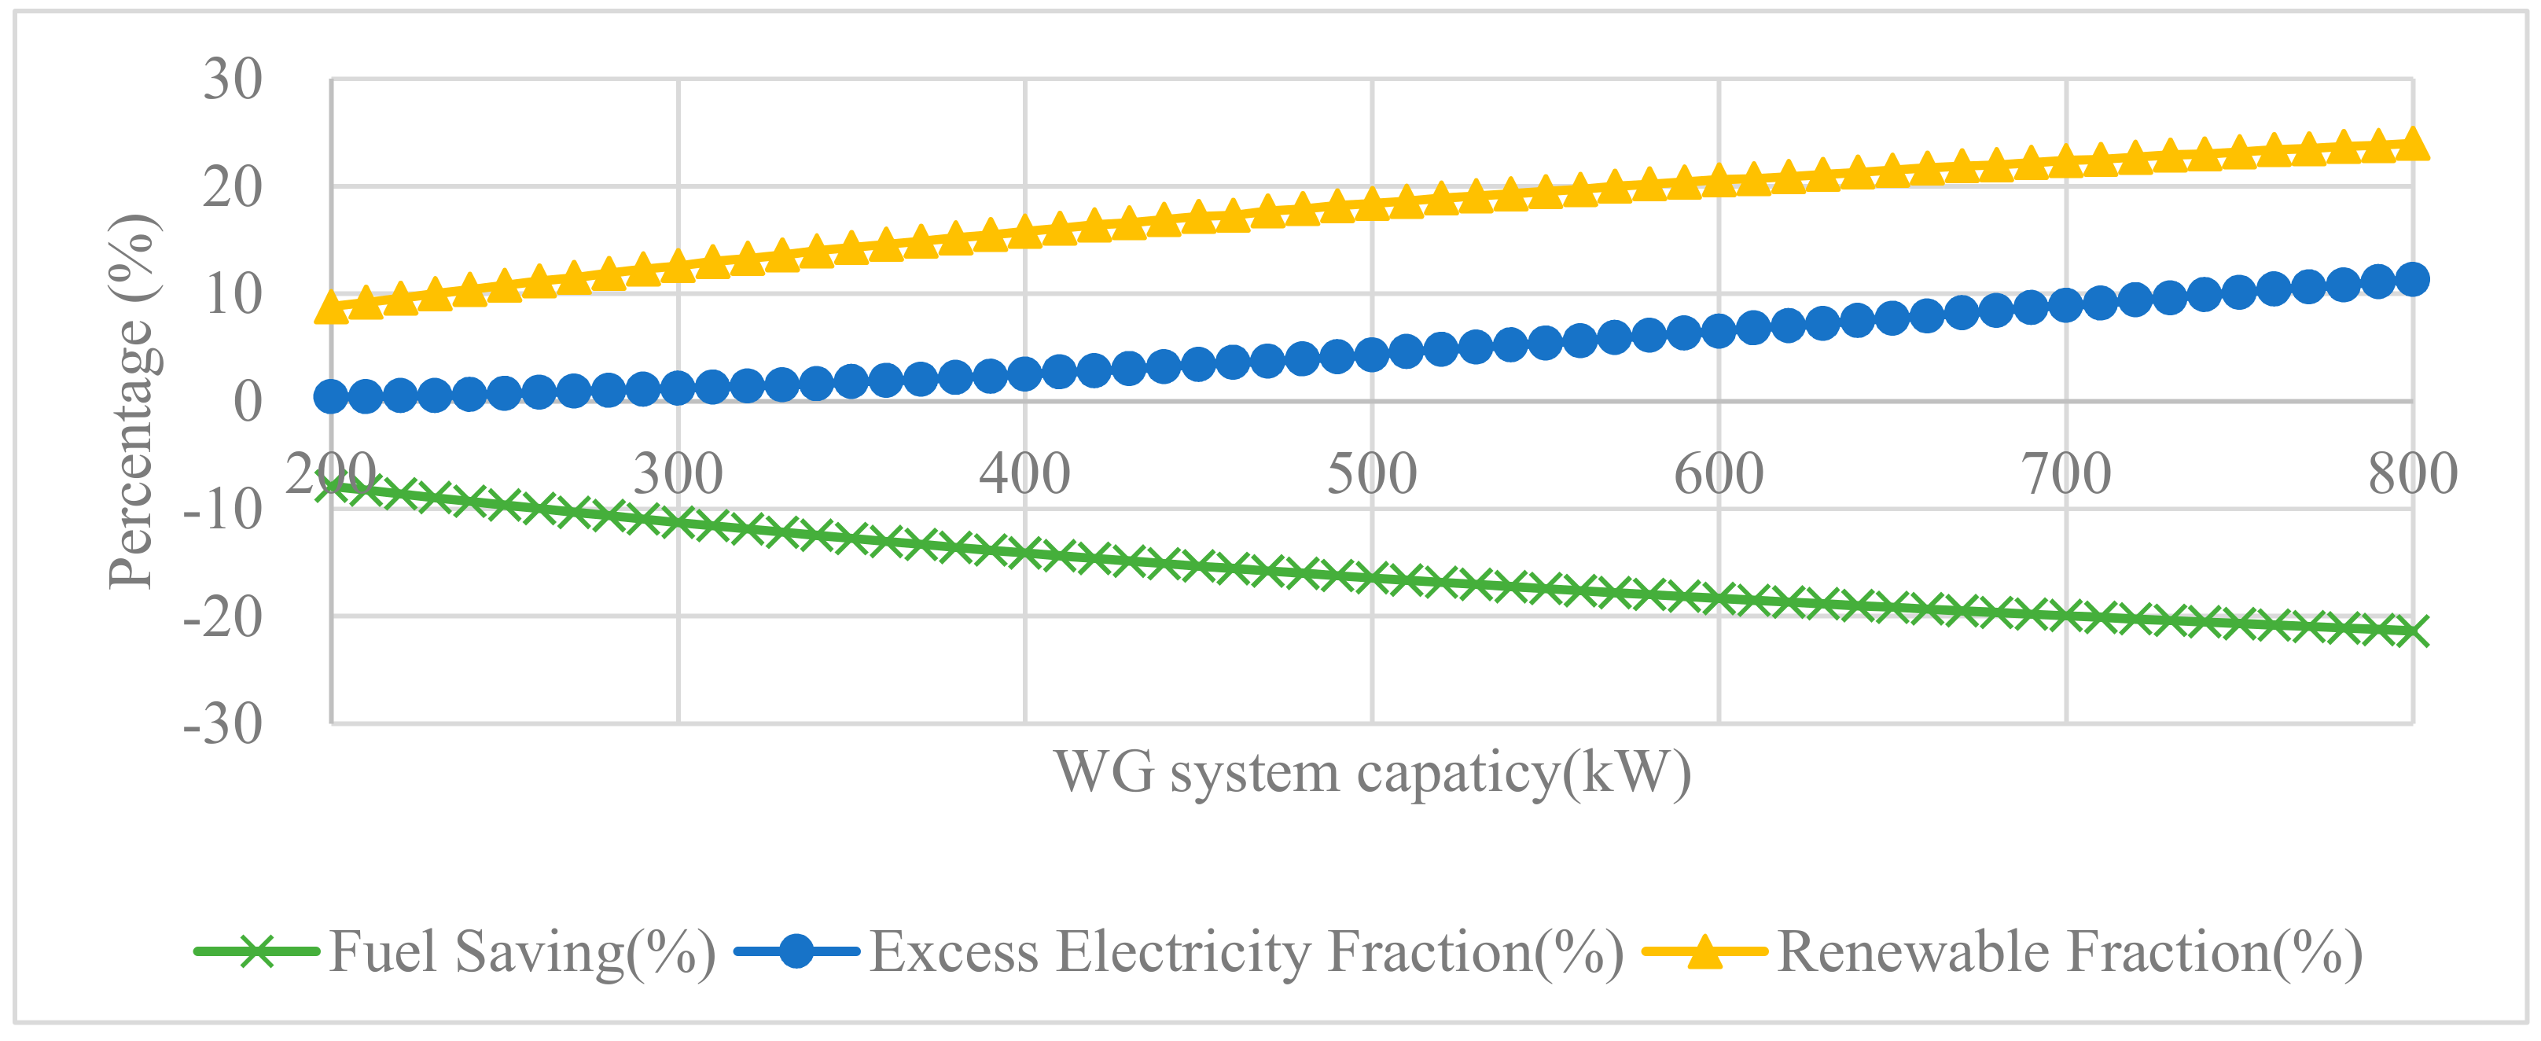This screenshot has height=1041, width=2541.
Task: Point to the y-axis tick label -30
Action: (x=223, y=724)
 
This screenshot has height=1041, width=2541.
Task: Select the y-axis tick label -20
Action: (x=223, y=618)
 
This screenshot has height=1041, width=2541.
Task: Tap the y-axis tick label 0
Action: (x=248, y=402)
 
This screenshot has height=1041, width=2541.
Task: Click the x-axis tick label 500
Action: (x=1371, y=475)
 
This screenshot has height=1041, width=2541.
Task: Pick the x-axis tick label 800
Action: (x=2413, y=475)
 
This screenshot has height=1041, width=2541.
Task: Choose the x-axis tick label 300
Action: (x=678, y=475)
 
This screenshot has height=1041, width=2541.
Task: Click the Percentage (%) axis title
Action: (x=131, y=402)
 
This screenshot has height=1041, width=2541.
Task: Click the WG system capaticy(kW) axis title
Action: (x=1372, y=773)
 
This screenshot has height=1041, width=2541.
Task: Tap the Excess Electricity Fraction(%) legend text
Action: (x=1246, y=953)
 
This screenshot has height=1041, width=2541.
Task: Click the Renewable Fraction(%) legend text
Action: (x=2069, y=953)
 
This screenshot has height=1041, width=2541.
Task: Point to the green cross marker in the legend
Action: (x=256, y=953)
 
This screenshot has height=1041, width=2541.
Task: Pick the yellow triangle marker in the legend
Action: (x=1704, y=953)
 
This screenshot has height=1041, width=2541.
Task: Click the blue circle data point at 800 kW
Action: (x=2413, y=280)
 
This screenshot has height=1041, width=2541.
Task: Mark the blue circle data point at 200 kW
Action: (x=332, y=398)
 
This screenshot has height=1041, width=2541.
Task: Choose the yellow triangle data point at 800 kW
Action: (x=2413, y=144)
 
